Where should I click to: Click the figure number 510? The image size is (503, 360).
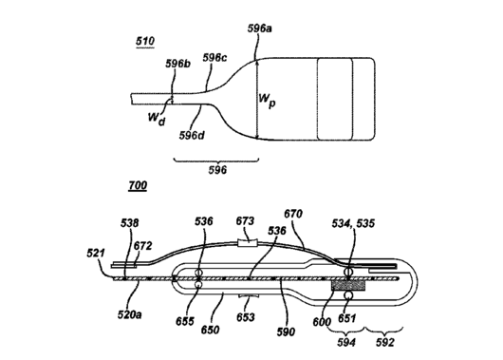coord(145,42)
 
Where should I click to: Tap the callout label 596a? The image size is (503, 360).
coord(259,28)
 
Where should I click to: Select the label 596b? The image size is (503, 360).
coord(177,64)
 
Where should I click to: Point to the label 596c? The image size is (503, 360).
coord(214,58)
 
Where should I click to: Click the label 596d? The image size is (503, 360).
coord(192,136)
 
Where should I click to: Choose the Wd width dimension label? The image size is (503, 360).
coord(157,118)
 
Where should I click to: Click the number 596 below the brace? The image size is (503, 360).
coord(217,170)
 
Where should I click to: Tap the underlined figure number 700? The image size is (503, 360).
coord(138,185)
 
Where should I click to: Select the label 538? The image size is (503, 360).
coord(130,223)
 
